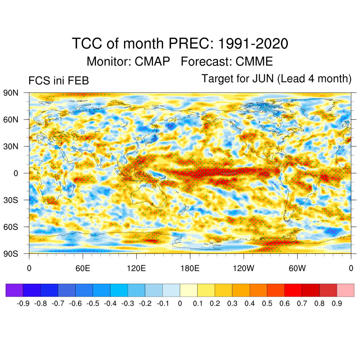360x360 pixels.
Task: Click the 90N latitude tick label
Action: coord(11,93)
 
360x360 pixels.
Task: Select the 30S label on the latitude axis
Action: coord(11,200)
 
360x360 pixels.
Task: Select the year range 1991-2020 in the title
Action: coord(253,44)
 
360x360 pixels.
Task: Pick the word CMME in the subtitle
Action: coord(254,62)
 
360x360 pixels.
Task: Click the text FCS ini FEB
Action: coord(58,81)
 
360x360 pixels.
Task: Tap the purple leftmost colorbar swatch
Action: coord(14,290)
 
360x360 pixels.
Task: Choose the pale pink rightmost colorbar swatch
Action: coord(345,290)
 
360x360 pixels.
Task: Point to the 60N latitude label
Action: coord(11,120)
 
